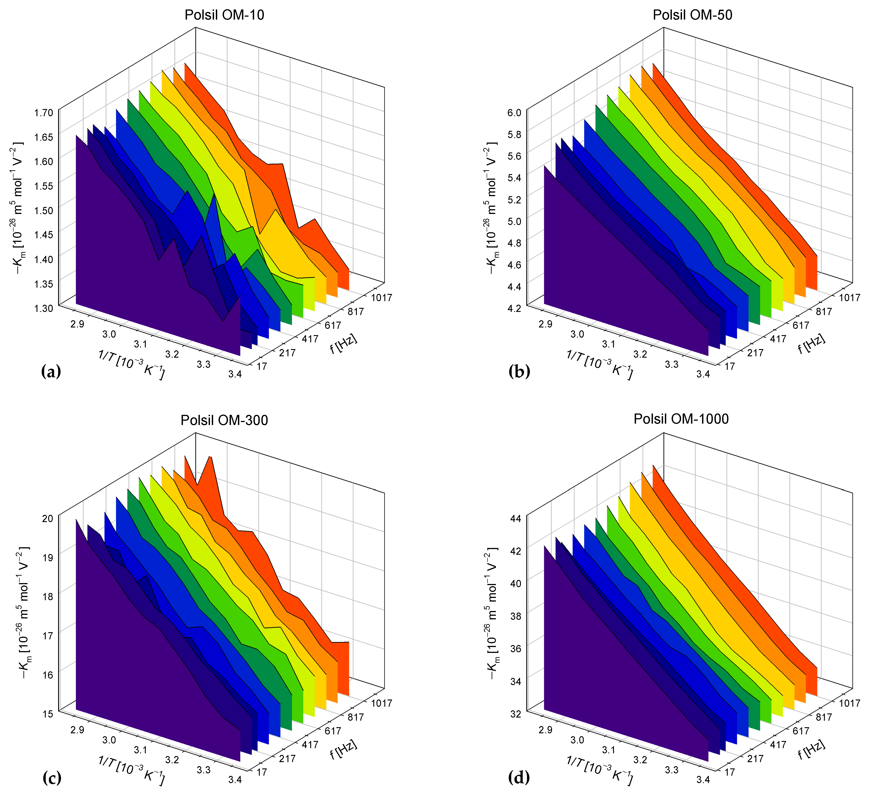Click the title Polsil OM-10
coord(224,15)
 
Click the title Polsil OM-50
coord(692,15)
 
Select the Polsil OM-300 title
coord(224,420)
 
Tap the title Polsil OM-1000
coord(681,419)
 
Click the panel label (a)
coord(51,371)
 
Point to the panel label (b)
coord(519,371)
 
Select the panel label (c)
coord(52,778)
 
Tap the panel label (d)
coord(519,778)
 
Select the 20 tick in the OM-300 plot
coord(47,518)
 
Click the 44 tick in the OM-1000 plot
coord(515,518)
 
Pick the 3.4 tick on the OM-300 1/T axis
coord(235,779)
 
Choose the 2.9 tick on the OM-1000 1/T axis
coord(545,729)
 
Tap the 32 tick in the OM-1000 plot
coord(515,714)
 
